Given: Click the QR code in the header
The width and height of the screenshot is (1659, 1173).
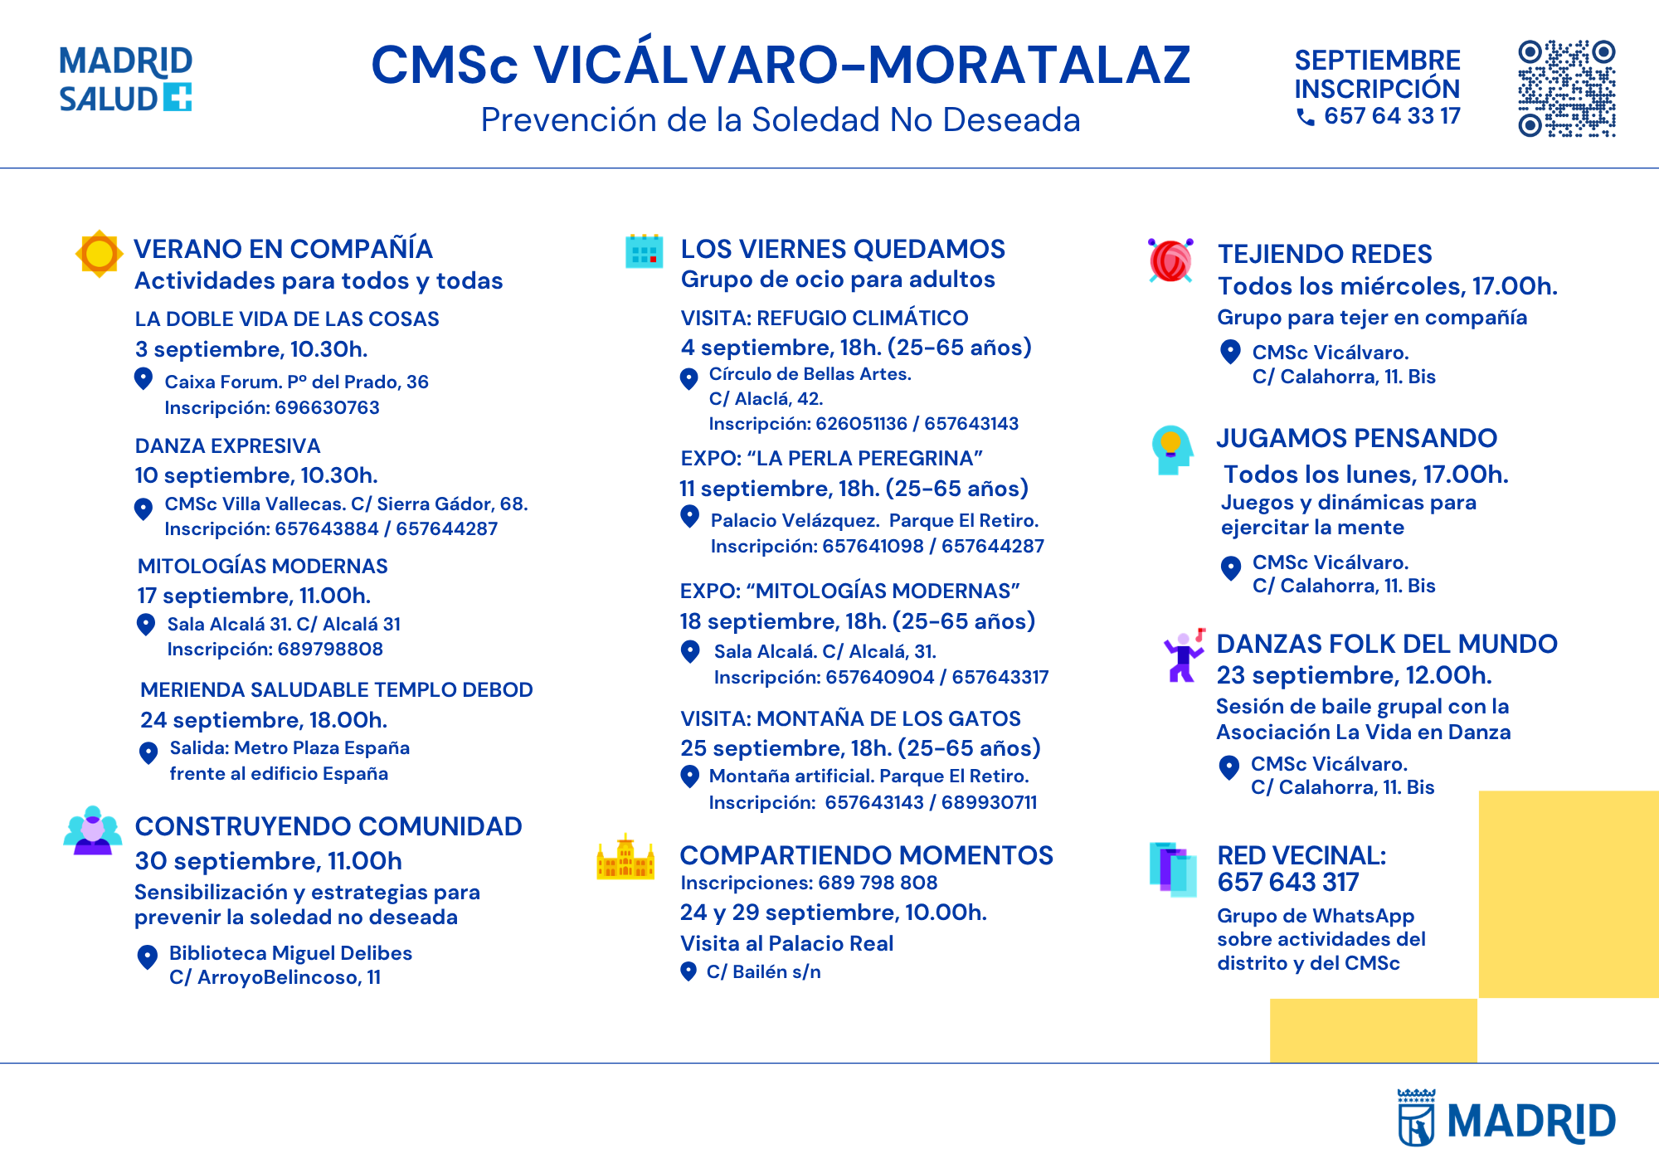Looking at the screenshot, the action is (1566, 88).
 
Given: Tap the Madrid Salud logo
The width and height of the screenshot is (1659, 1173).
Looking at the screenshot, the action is (125, 79).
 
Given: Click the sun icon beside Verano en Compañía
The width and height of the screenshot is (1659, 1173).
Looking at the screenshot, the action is (99, 253).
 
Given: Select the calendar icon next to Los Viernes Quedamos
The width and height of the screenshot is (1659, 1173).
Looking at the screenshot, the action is (644, 251).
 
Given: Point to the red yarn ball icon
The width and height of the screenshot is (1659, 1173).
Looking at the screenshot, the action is (1170, 260).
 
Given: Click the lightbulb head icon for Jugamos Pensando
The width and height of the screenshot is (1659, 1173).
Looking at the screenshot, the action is (1171, 450).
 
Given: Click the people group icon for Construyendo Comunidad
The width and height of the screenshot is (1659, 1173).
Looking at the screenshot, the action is (93, 830).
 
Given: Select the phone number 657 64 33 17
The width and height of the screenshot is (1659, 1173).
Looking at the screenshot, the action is (1392, 116).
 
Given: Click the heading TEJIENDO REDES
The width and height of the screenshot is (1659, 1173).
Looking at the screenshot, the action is (1325, 254).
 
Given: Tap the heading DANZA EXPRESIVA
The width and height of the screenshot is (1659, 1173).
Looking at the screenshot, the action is (227, 445).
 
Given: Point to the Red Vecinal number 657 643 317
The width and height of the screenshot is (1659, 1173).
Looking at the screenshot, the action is (1288, 882).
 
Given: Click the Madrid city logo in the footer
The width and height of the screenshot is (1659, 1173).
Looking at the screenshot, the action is (1506, 1118).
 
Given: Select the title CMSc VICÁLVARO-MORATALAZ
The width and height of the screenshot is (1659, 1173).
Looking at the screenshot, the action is (781, 64).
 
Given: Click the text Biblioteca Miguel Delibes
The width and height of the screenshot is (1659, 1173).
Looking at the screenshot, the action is (290, 953).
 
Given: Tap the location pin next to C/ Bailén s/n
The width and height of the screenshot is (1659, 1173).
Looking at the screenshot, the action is (688, 971).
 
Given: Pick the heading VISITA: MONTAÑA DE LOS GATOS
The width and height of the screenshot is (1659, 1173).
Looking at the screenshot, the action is (850, 718).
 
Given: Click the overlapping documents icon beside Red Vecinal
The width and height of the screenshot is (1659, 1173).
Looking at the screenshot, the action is (1173, 869).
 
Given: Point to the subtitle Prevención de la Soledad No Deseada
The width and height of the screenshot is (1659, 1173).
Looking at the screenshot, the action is (781, 120).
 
